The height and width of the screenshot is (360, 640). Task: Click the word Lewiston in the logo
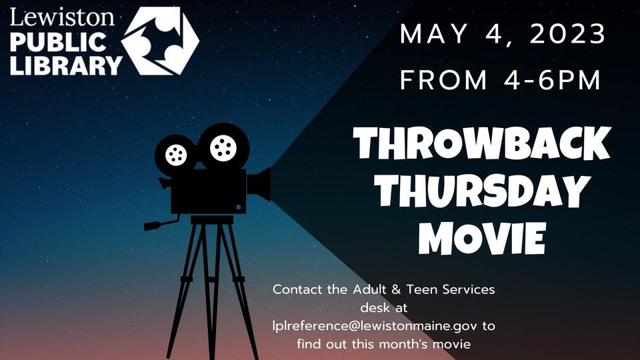point(62,17)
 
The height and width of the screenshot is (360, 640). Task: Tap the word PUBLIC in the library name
point(58,42)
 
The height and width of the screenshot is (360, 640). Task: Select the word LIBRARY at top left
point(66,65)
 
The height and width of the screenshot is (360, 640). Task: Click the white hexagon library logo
point(160,41)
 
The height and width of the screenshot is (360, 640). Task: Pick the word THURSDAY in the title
point(481,191)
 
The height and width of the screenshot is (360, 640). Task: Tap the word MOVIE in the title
point(482,238)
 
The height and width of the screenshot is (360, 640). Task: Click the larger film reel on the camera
point(223,147)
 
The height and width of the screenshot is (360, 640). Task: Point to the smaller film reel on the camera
point(176,155)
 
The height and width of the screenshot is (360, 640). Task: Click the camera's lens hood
point(259,184)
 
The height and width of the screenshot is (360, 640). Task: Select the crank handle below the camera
point(161,224)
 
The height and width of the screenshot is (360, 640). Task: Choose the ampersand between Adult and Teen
point(396,289)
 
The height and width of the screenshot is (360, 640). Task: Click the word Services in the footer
point(469,289)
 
